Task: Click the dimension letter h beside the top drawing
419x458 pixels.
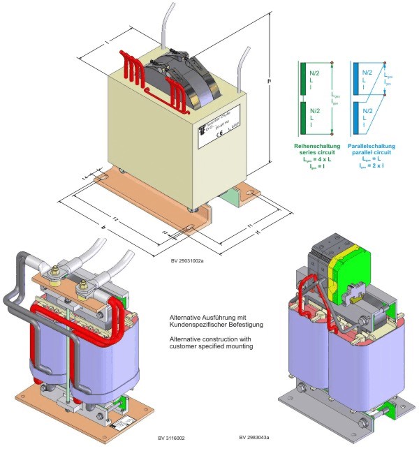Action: (x=269, y=81)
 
